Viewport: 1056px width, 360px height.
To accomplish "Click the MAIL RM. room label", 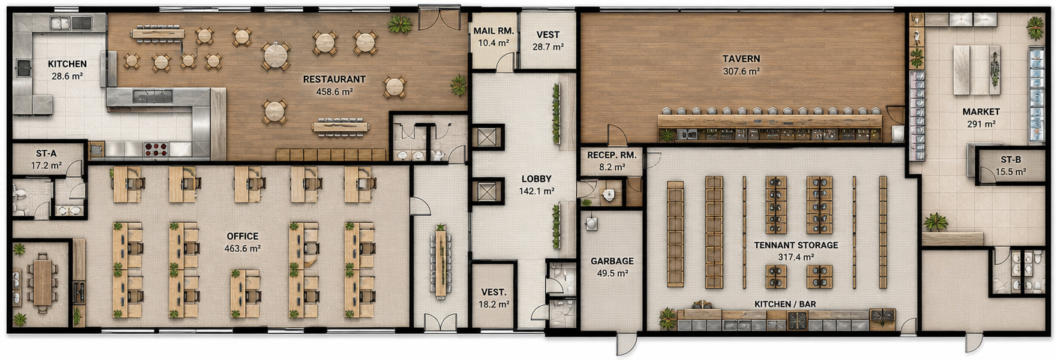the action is click(x=493, y=31).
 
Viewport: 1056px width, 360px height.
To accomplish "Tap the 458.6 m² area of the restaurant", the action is click(x=334, y=92).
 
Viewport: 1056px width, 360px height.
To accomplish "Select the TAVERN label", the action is click(x=741, y=59).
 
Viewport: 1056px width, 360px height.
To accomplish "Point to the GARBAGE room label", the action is click(x=612, y=261).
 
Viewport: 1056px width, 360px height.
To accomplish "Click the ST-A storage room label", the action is click(x=46, y=154).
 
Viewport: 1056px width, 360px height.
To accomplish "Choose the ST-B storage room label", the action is click(x=1010, y=160).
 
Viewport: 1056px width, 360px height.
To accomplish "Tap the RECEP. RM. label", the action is click(x=611, y=155).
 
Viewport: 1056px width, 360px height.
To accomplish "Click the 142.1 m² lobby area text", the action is click(x=536, y=191).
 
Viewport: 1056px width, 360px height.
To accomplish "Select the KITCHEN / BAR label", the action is click(x=785, y=304).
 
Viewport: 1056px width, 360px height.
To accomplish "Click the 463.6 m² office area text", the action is click(x=242, y=248).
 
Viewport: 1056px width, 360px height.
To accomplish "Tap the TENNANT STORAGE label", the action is click(x=796, y=245).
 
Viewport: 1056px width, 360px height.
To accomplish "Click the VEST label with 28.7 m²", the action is click(x=547, y=34).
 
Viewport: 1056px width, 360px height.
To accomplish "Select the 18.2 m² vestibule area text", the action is click(x=493, y=304).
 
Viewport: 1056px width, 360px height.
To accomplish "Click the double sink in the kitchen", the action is click(x=70, y=22).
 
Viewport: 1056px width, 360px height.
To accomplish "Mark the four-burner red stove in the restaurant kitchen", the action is click(x=155, y=149).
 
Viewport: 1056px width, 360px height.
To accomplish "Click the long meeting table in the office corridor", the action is click(x=440, y=262).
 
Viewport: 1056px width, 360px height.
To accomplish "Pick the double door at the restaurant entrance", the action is click(x=439, y=19).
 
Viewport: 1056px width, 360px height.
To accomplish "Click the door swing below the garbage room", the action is click(x=626, y=344).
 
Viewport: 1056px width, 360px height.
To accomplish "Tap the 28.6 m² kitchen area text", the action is click(x=67, y=76).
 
